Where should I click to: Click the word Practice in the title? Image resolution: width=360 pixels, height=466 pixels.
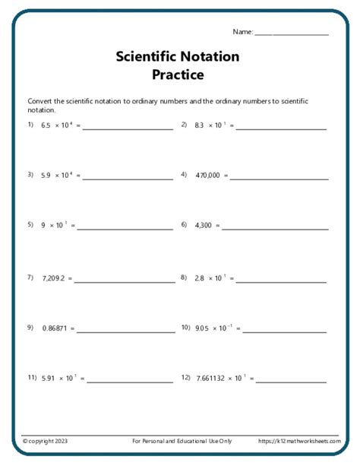(178, 74)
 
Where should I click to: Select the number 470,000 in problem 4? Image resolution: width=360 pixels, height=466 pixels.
(207, 176)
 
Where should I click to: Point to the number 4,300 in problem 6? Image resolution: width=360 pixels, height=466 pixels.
(205, 226)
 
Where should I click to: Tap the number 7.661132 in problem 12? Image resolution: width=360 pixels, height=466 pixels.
(215, 378)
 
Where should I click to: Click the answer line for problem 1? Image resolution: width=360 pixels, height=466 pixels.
(128, 128)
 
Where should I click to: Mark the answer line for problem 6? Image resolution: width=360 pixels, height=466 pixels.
(275, 229)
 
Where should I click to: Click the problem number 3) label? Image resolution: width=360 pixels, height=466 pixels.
(31, 175)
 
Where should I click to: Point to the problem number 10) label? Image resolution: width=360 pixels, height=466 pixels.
(185, 328)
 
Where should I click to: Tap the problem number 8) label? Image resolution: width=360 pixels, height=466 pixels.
(184, 277)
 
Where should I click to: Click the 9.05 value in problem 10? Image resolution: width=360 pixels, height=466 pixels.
(201, 328)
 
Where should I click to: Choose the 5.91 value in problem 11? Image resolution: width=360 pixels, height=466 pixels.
(49, 378)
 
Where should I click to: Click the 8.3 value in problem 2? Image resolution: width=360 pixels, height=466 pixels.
(200, 125)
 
